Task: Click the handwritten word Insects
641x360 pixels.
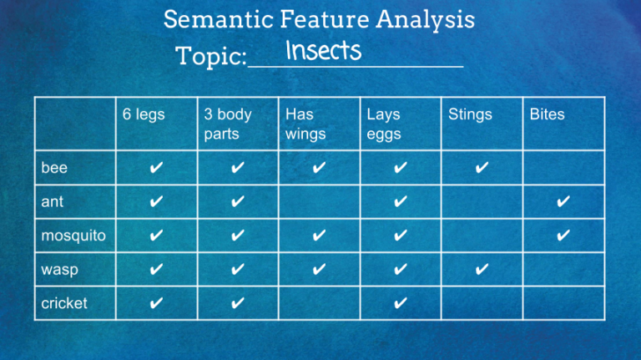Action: point(323,52)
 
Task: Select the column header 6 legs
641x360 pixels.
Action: point(144,114)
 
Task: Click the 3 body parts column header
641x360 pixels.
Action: point(228,124)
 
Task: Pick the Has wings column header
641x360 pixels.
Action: point(305,124)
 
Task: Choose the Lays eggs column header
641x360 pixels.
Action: point(384,124)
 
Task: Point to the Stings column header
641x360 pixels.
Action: point(470,114)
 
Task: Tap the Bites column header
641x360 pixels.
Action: point(547,114)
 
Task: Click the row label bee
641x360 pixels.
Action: point(54,168)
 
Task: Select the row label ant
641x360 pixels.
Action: point(52,202)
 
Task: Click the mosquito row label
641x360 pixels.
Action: point(73,236)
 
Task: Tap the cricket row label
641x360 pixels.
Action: point(64,303)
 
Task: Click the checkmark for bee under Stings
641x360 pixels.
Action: point(482,168)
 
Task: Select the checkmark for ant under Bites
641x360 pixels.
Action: point(563,202)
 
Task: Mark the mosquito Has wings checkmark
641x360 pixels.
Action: point(319,236)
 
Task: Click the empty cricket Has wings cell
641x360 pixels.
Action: point(319,303)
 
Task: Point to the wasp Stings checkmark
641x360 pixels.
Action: point(482,270)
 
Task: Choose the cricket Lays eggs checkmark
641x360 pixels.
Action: point(401,303)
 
